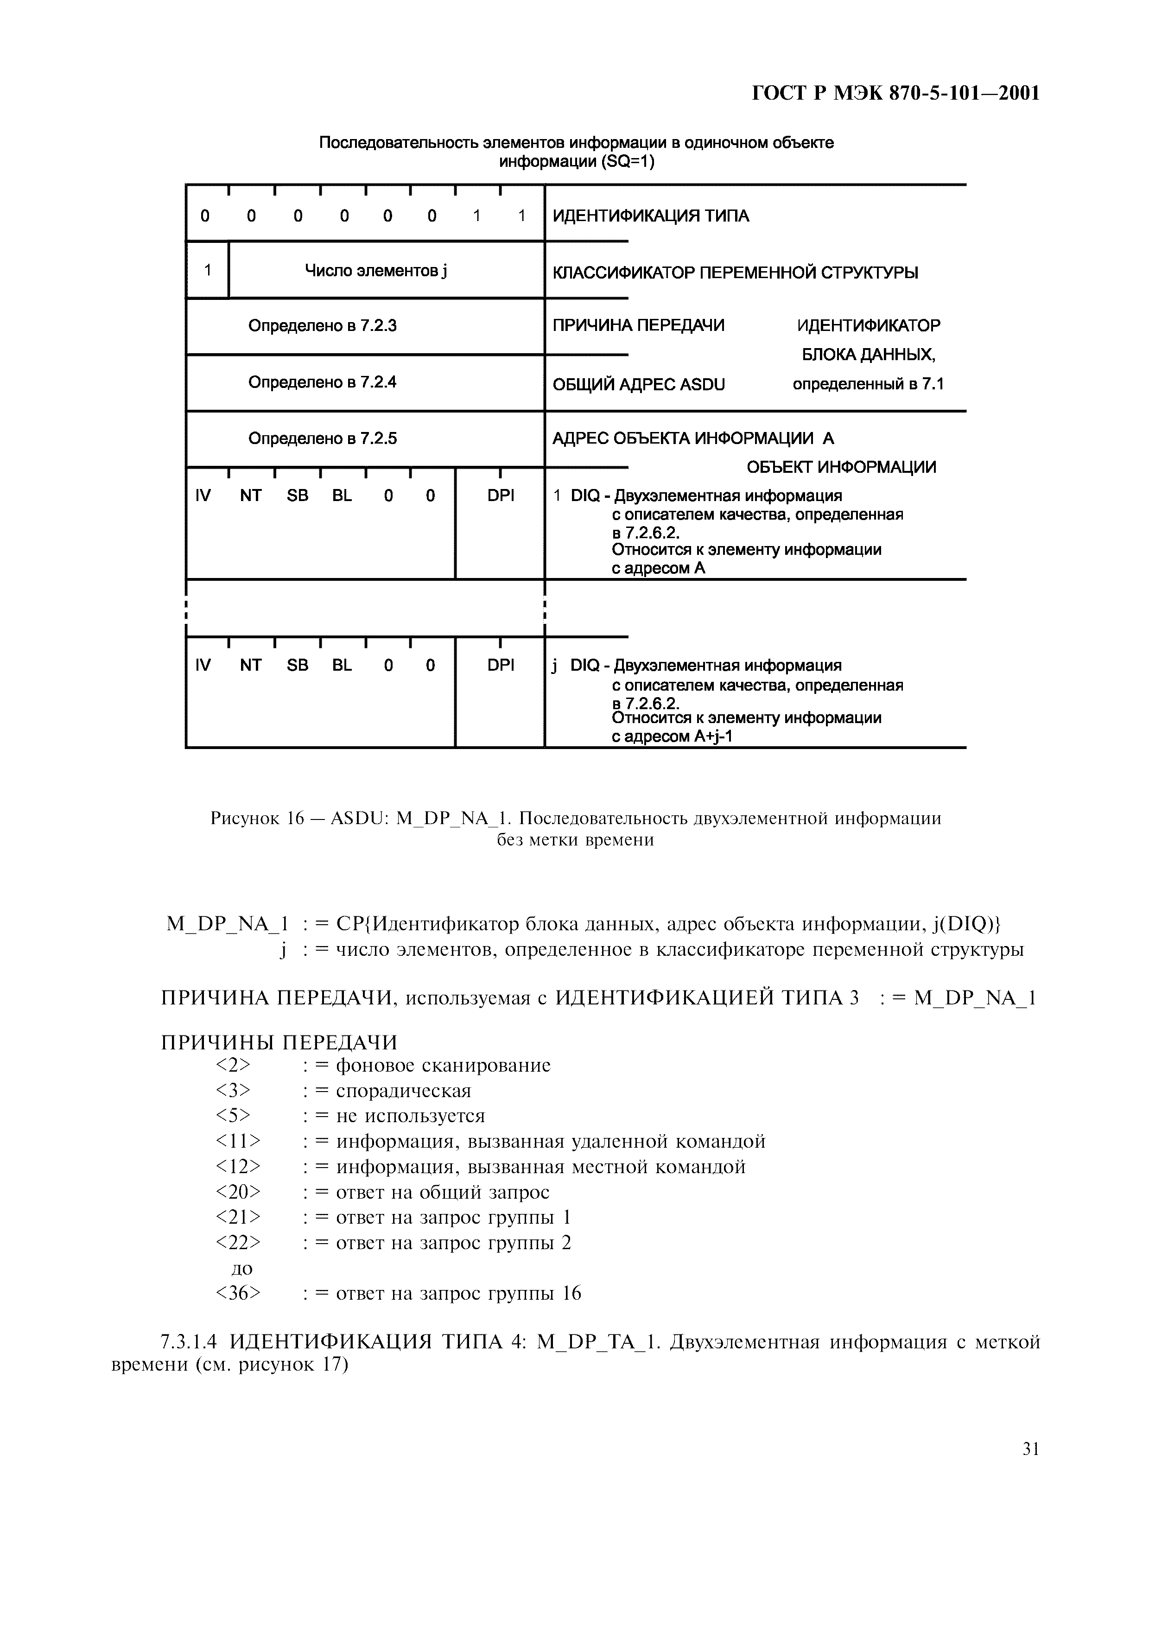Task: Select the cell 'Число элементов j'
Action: (375, 271)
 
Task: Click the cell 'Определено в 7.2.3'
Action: (322, 326)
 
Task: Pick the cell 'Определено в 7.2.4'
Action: (322, 382)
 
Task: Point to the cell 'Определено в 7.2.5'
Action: (322, 438)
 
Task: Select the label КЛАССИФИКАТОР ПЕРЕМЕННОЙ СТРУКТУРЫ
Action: (734, 273)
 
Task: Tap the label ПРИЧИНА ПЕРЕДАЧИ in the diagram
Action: (638, 326)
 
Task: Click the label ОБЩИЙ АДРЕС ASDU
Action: (638, 385)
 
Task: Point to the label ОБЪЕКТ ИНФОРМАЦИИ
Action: (841, 467)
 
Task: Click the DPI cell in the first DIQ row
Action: (501, 496)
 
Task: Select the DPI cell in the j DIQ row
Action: (501, 665)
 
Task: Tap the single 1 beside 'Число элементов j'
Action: (208, 270)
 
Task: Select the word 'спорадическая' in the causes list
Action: (403, 1091)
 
